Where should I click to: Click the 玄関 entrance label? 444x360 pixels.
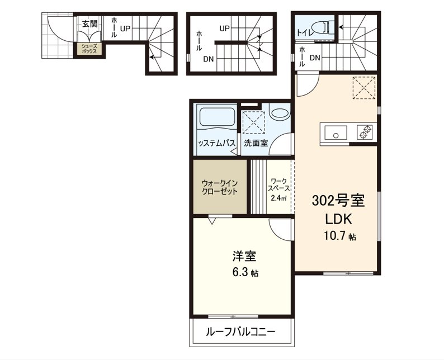point(90,24)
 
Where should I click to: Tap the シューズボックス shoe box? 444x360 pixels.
point(89,49)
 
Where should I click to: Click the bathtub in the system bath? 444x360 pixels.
point(217,117)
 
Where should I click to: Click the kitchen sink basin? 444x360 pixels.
point(336,132)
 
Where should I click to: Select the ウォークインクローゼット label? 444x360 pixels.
point(220,187)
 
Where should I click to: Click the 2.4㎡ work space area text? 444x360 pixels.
point(278,198)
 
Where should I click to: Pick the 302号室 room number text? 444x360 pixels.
point(338,201)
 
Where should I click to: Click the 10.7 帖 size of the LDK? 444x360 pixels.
point(340,236)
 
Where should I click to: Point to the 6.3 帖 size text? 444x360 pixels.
point(245,272)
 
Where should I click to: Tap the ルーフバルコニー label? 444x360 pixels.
point(240,331)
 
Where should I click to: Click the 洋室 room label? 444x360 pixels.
point(245,256)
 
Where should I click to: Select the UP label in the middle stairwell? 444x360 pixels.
point(225,29)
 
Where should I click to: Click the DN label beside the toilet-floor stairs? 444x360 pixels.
point(315,58)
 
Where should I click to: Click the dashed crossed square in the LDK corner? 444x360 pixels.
point(364,88)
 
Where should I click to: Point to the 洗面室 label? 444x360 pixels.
point(256,143)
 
